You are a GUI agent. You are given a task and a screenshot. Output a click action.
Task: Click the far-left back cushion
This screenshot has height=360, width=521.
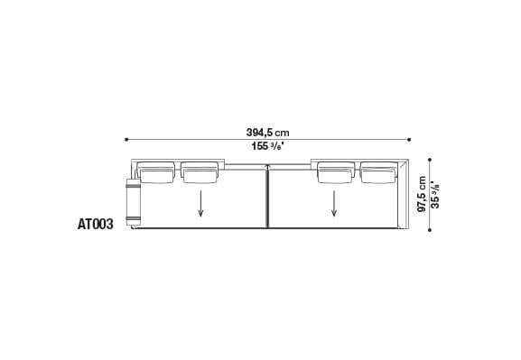click(157, 171)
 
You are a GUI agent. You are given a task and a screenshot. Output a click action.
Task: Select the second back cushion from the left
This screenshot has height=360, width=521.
click(200, 171)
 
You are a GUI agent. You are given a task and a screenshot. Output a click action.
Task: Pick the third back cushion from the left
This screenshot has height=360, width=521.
click(335, 171)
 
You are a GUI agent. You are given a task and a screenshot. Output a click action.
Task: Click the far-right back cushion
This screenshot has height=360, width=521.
click(377, 171)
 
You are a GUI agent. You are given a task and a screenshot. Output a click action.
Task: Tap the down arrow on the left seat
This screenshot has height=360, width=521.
click(200, 205)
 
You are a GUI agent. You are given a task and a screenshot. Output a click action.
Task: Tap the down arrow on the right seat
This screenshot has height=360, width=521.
click(335, 205)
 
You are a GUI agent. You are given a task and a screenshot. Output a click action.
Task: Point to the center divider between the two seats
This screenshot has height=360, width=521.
click(268, 196)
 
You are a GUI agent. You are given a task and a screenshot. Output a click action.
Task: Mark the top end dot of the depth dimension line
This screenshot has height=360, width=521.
click(429, 161)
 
